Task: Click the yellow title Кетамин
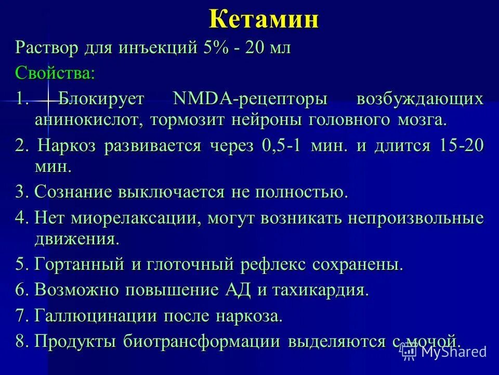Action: (264, 20)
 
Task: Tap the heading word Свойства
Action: (55, 72)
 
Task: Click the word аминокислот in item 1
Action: (88, 120)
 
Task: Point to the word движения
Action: (76, 240)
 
